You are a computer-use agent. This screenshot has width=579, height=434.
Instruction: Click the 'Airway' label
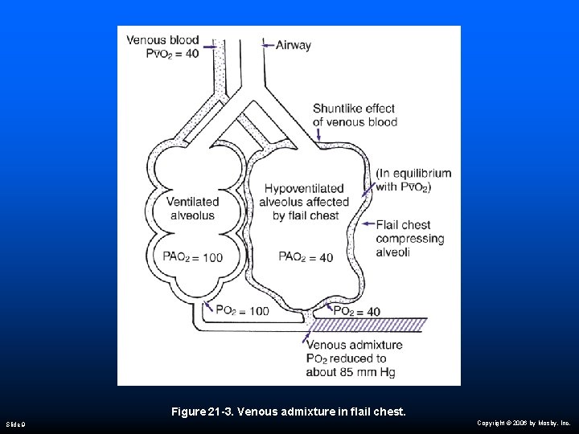293,45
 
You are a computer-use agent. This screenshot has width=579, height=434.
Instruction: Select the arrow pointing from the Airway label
266,45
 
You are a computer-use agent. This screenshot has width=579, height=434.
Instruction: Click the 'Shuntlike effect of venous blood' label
355,115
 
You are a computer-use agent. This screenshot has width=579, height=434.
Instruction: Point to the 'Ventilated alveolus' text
192,209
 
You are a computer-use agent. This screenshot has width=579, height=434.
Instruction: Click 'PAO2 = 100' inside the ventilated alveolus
193,257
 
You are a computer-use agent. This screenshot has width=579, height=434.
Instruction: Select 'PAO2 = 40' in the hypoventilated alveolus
306,257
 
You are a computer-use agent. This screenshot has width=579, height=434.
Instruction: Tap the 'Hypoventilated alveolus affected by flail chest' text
306,203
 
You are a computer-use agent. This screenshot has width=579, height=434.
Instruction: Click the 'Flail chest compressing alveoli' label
409,239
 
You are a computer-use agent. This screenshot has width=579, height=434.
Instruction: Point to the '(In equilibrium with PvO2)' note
413,180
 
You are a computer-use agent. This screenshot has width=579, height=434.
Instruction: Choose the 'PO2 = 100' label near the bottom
242,311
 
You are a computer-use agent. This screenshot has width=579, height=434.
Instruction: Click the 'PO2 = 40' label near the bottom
356,311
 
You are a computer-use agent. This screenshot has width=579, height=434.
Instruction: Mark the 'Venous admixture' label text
354,346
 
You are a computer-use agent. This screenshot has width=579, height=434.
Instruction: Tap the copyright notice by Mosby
523,423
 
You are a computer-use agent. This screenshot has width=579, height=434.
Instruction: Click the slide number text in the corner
16,423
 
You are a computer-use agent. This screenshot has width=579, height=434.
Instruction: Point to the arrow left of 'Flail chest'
367,224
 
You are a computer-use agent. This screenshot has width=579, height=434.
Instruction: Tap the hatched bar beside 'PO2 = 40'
370,325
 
